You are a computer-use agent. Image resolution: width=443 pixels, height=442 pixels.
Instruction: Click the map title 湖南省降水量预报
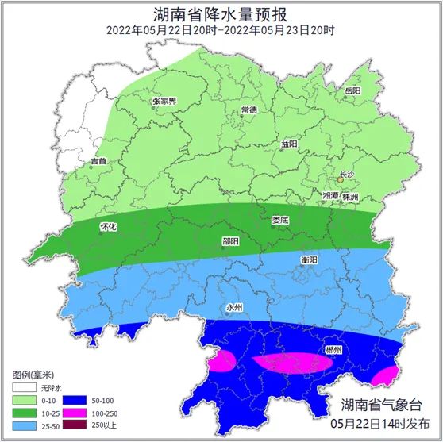(x=221, y=13)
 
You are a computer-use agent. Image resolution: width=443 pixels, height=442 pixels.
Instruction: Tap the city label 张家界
(x=164, y=102)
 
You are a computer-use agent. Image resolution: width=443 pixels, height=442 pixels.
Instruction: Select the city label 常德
(x=248, y=110)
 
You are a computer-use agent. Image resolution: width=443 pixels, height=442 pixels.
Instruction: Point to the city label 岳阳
(x=352, y=91)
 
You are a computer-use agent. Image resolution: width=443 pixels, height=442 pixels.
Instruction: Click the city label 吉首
(x=98, y=161)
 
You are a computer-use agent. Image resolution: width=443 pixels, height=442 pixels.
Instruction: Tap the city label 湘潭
(x=330, y=195)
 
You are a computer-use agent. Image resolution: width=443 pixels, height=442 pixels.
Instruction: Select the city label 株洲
(x=350, y=196)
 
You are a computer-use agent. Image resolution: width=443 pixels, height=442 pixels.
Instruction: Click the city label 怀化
(x=109, y=226)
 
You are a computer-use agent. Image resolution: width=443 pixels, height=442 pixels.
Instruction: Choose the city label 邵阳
(x=230, y=242)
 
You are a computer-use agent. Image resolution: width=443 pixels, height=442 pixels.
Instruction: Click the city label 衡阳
(x=309, y=259)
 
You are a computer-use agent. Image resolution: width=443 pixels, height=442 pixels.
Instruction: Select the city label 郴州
(x=333, y=350)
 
